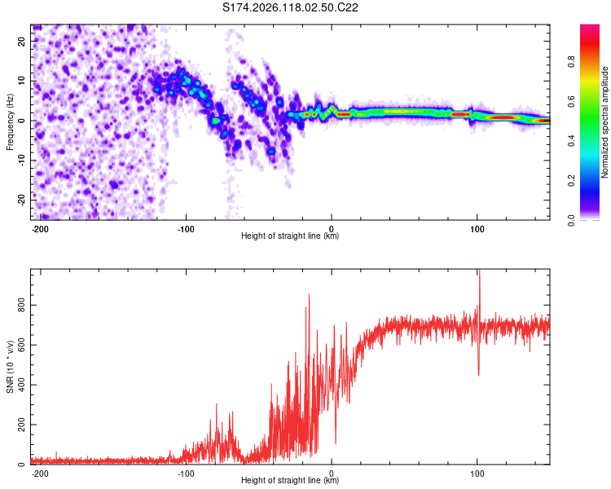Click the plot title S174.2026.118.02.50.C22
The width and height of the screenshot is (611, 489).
click(290, 7)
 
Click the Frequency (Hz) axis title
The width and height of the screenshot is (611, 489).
click(10, 122)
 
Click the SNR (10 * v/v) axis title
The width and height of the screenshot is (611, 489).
click(10, 367)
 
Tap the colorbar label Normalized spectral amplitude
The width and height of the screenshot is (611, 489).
click(604, 122)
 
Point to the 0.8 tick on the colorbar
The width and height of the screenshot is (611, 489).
click(571, 62)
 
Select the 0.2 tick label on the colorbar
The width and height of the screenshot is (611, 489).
click(571, 181)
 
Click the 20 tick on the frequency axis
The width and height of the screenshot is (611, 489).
click(21, 42)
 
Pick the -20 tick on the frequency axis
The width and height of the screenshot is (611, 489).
click(21, 200)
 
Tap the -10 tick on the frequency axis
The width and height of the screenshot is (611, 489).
click(21, 161)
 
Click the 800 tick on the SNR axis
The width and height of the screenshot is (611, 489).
click(21, 306)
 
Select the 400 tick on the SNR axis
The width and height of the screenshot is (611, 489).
click(21, 385)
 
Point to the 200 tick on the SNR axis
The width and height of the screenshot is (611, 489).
click(21, 425)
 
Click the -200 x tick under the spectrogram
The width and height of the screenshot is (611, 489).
click(39, 229)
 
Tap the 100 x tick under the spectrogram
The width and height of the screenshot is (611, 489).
click(477, 229)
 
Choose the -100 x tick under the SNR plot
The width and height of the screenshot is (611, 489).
click(186, 474)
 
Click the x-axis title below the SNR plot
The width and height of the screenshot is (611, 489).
click(290, 480)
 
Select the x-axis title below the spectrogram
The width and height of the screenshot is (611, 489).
click(290, 236)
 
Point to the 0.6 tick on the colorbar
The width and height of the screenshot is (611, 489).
click(571, 101)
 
